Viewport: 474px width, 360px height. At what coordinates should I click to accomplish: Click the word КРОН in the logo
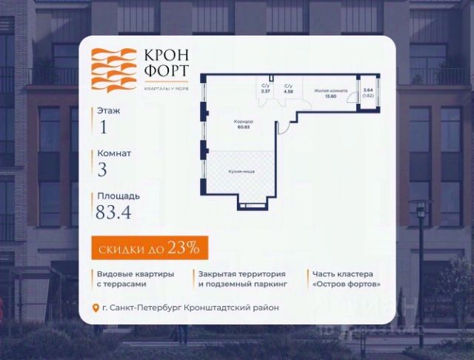click(x=166, y=56)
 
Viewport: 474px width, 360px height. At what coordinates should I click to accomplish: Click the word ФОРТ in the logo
click(x=166, y=73)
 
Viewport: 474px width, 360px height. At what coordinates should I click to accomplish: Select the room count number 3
click(x=102, y=170)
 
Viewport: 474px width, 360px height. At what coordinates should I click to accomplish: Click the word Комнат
click(x=114, y=153)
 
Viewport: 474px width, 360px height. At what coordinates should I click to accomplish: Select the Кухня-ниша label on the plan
click(x=241, y=171)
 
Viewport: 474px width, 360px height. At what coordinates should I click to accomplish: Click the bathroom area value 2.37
click(x=266, y=93)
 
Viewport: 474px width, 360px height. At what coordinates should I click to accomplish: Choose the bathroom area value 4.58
click(x=288, y=93)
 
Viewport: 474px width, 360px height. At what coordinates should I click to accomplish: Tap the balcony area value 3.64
click(x=368, y=90)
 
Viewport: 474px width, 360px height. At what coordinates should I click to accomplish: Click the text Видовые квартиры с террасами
click(x=136, y=279)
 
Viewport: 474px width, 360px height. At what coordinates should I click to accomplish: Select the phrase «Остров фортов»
click(x=347, y=284)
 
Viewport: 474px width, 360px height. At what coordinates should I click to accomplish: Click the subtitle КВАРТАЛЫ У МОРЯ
click(x=166, y=87)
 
